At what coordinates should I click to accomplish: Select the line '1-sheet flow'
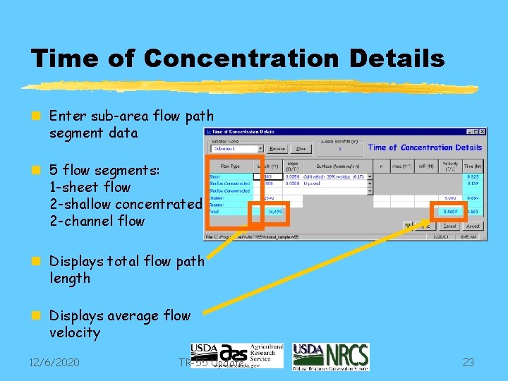tap(90, 187)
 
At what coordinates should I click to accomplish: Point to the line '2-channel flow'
tap(97, 221)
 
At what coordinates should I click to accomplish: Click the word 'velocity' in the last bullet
tap(75, 332)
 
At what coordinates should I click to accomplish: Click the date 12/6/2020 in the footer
tap(54, 363)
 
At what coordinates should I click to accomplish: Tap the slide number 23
tap(468, 363)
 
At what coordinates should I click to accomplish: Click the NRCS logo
tap(330, 356)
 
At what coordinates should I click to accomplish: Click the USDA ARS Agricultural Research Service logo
tap(236, 356)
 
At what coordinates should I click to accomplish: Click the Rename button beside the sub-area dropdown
tap(277, 149)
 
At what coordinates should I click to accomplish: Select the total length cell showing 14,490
tap(273, 210)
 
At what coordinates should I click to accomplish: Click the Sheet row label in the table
tap(214, 176)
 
